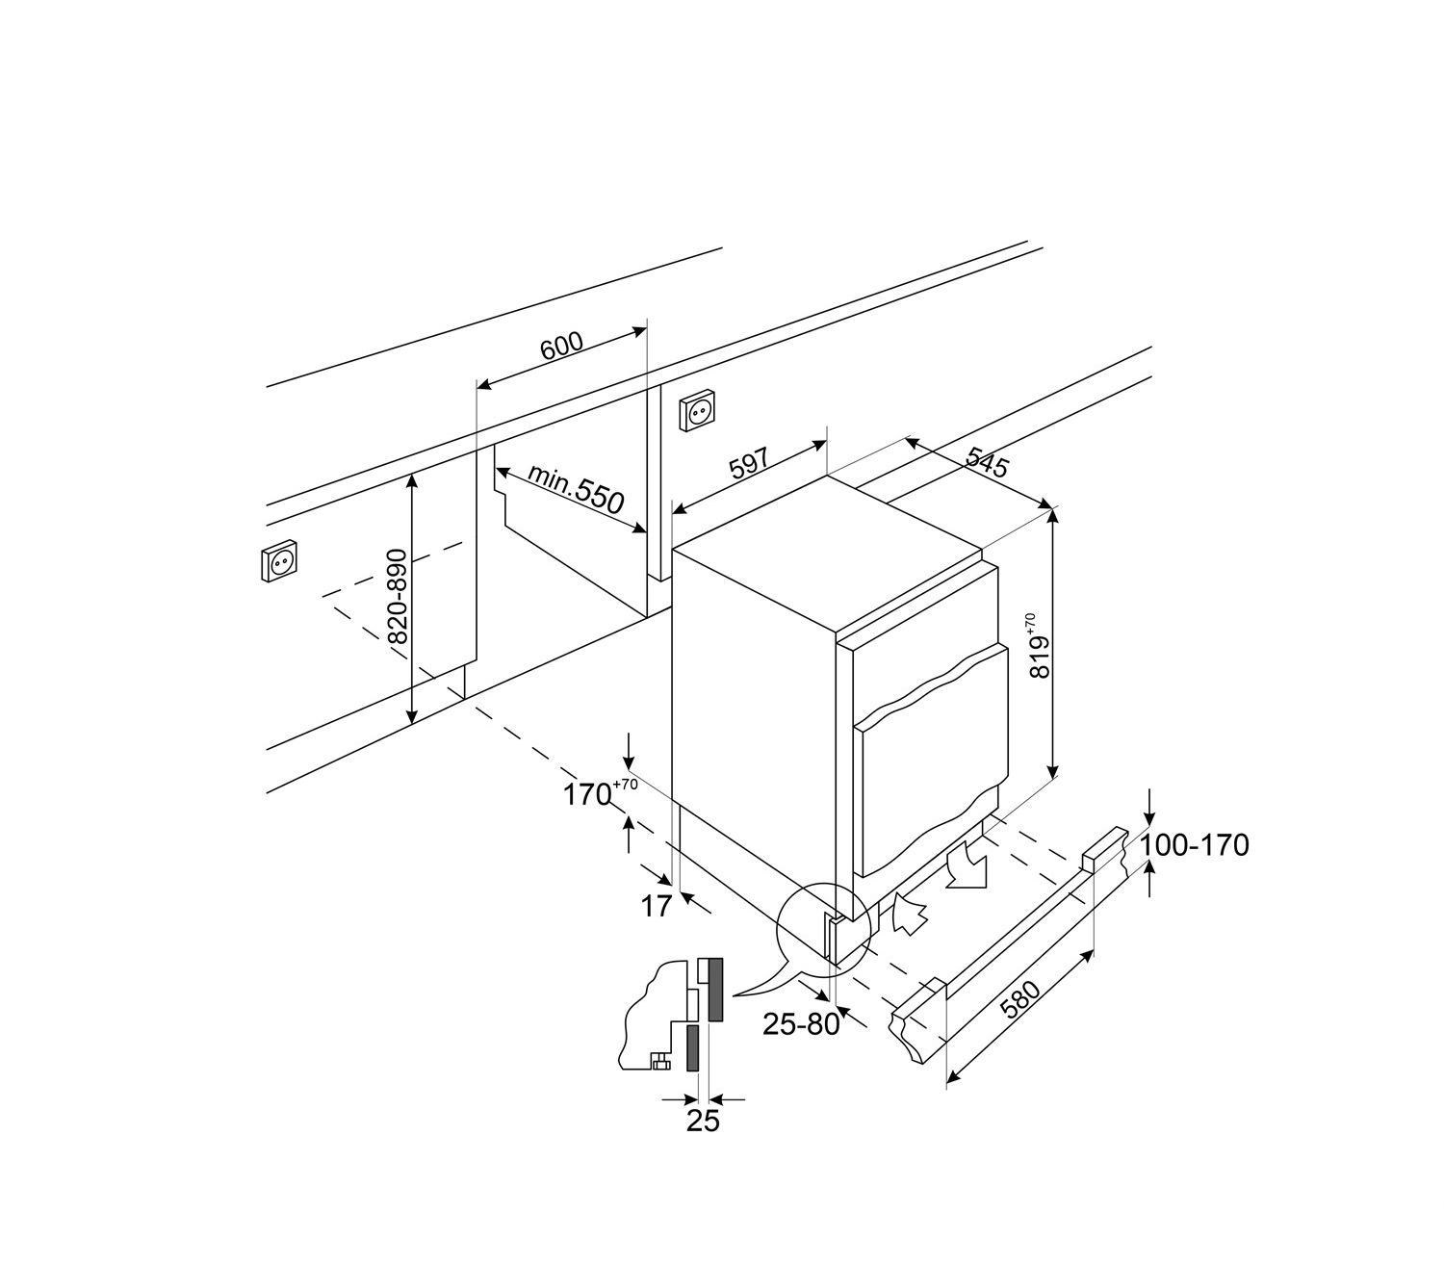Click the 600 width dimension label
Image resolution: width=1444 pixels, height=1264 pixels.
click(562, 346)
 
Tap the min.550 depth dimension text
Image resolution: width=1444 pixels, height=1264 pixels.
click(576, 489)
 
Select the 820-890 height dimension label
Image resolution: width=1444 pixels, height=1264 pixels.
click(399, 596)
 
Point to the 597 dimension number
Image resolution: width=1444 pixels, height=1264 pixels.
click(748, 464)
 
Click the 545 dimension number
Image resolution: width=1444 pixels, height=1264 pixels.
click(988, 461)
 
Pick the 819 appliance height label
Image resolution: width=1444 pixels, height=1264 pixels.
click(1041, 646)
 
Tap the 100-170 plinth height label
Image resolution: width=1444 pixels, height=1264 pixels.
click(1195, 845)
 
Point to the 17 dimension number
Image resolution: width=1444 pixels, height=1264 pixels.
click(656, 906)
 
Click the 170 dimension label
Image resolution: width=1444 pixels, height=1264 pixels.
click(600, 792)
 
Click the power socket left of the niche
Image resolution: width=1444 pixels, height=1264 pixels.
click(280, 561)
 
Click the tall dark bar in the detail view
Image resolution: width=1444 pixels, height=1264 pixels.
click(715, 989)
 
